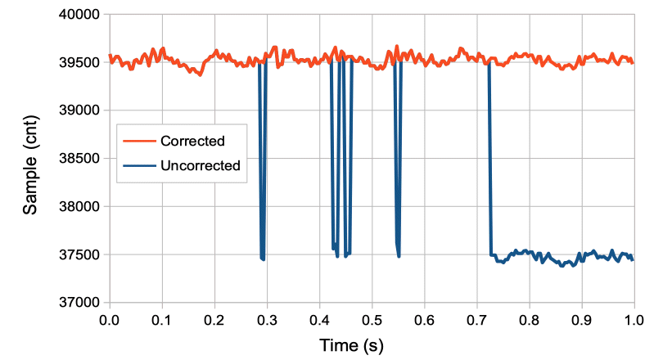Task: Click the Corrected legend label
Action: click(194, 141)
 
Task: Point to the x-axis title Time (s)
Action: click(350, 344)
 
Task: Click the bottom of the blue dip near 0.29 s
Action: click(262, 259)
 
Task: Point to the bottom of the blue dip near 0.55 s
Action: click(399, 255)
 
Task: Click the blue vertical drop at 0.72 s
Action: click(490, 164)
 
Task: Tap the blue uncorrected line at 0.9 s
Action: click(582, 255)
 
